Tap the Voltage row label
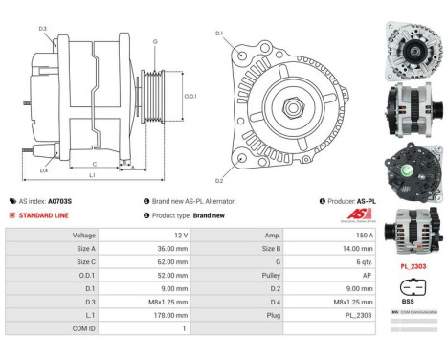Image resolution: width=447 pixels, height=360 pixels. [83, 235]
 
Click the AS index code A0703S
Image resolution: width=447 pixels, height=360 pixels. [59, 202]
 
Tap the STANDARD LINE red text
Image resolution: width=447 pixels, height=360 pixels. [46, 215]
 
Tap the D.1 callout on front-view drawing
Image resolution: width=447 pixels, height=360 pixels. [218, 34]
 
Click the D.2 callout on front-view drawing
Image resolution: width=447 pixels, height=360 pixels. [218, 181]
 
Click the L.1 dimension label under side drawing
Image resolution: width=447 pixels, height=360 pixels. [92, 177]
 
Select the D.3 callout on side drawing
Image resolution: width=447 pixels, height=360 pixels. [42, 30]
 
